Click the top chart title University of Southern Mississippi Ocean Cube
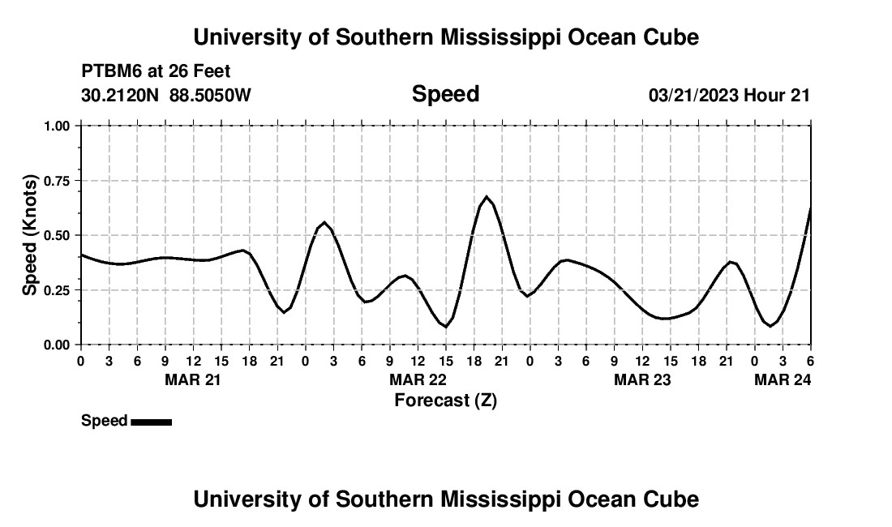(446, 37)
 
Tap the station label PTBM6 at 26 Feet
(156, 71)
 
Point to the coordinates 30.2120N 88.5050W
(166, 96)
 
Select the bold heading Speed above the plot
(446, 94)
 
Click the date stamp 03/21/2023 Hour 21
(729, 96)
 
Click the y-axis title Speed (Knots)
(30, 235)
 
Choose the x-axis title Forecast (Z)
(445, 400)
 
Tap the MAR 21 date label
(193, 379)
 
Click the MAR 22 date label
(418, 379)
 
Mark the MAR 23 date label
(642, 379)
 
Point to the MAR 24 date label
(783, 379)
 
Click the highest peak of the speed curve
(487, 196)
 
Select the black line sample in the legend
(151, 422)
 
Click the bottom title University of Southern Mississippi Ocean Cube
(446, 499)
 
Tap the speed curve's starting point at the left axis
(81, 255)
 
